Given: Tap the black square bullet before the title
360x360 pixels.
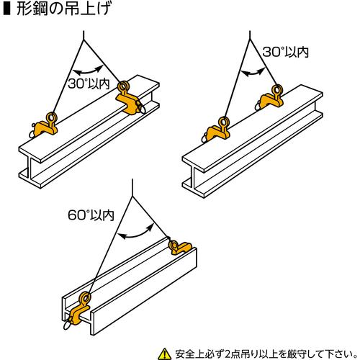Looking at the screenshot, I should (7, 9).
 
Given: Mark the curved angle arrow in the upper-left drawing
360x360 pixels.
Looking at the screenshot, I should (86, 69).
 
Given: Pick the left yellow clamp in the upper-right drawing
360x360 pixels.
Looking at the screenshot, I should (217, 131).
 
